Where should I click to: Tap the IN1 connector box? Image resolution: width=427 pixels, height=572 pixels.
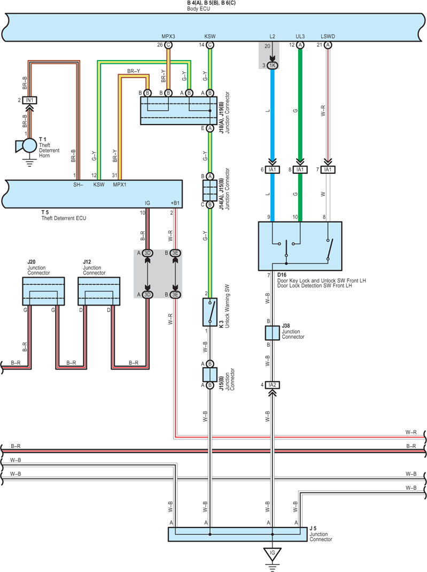click(29, 100)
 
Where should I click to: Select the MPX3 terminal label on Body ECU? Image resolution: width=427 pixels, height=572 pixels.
click(168, 36)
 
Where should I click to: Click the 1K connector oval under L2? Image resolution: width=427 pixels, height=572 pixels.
click(273, 65)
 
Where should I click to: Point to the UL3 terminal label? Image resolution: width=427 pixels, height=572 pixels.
click(300, 36)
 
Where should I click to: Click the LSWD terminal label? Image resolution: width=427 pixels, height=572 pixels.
click(328, 36)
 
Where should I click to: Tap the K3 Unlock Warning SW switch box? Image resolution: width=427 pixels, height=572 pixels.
click(210, 312)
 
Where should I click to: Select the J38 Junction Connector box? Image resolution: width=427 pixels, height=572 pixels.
click(273, 333)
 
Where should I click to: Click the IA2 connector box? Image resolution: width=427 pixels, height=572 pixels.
click(273, 385)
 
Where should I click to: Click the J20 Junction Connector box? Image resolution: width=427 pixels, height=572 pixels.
click(43, 291)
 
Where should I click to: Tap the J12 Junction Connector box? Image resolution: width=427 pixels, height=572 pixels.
click(99, 291)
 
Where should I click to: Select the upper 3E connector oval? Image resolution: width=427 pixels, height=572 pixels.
click(175, 253)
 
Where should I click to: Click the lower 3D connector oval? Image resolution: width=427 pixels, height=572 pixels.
click(147, 294)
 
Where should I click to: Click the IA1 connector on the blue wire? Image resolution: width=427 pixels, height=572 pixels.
click(273, 170)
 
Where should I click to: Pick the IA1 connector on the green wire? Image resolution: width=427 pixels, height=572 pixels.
click(300, 170)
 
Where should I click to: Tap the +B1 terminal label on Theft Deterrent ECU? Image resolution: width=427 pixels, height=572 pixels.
click(175, 203)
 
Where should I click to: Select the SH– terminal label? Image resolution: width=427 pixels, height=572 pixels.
click(78, 185)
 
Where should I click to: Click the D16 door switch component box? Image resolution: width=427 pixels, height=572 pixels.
click(300, 246)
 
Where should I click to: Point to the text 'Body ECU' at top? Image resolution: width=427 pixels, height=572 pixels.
click(199, 9)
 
